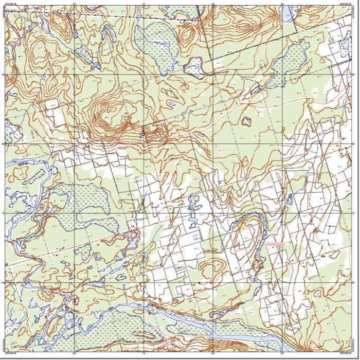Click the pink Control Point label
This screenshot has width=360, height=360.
pyautogui.click(x=276, y=244)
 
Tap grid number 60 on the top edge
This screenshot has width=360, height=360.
pyautogui.click(x=75, y=4)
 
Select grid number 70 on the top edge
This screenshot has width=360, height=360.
pyautogui.click(x=144, y=4)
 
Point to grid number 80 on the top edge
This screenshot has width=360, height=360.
pyautogui.click(x=213, y=4)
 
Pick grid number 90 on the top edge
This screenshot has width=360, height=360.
pyautogui.click(x=282, y=4)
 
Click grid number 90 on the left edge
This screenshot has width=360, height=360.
pyautogui.click(x=3, y=74)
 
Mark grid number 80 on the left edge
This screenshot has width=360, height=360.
pyautogui.click(x=3, y=143)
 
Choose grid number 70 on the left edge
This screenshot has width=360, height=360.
pyautogui.click(x=3, y=213)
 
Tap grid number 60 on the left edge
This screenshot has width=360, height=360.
pyautogui.click(x=3, y=282)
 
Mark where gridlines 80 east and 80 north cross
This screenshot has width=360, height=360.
pyautogui.click(x=213, y=143)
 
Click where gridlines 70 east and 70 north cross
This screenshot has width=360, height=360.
pyautogui.click(x=144, y=213)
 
